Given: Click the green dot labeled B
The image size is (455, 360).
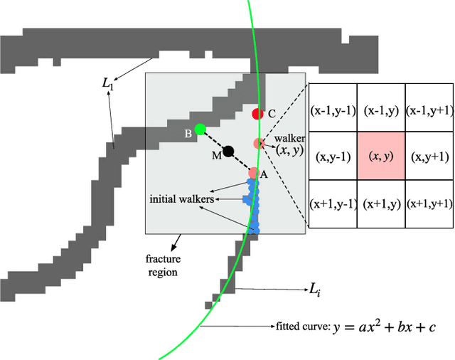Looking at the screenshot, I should (200, 129).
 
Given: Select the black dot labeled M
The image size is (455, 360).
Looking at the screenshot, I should (227, 151).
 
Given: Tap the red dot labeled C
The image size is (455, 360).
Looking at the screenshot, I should (258, 113).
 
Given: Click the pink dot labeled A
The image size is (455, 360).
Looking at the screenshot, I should (254, 172).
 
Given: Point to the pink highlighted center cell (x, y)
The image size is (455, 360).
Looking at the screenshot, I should (380, 157).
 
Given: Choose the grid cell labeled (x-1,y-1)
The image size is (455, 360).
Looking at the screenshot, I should (331, 110).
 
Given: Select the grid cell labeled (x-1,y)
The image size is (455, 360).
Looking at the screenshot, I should (380, 110).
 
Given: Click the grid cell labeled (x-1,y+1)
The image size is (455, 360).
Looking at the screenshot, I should (429, 110).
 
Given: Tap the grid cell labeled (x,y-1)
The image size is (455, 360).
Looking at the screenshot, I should (331, 157).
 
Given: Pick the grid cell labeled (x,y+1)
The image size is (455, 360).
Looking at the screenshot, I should (429, 157).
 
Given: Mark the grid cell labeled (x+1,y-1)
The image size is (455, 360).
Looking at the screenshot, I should (331, 203).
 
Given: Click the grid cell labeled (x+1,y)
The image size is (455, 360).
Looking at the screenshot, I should (380, 203).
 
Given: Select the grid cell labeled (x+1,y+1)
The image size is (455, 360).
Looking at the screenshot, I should (429, 203).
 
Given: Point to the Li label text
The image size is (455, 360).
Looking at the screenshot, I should (313, 289).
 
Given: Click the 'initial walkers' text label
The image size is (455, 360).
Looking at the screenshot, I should (181, 198).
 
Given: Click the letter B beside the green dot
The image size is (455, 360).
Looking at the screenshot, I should (188, 133).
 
